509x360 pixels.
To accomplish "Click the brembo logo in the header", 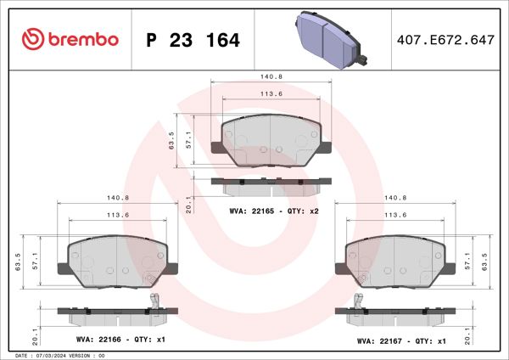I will [x=70, y=40].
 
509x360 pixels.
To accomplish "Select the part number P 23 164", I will [x=193, y=40].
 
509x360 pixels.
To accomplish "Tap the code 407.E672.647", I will [x=445, y=40].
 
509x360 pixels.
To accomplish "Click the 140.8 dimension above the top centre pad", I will [x=271, y=77].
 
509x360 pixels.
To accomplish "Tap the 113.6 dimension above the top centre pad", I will [x=271, y=94].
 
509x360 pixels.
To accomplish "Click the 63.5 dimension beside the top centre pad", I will [x=172, y=139].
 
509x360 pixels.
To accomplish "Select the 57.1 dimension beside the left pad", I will [x=31, y=260].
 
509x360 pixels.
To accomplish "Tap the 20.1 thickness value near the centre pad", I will [x=188, y=204].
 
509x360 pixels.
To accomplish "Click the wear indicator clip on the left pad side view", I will [x=154, y=303].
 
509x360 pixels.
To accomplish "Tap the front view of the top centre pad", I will [x=271, y=139].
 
